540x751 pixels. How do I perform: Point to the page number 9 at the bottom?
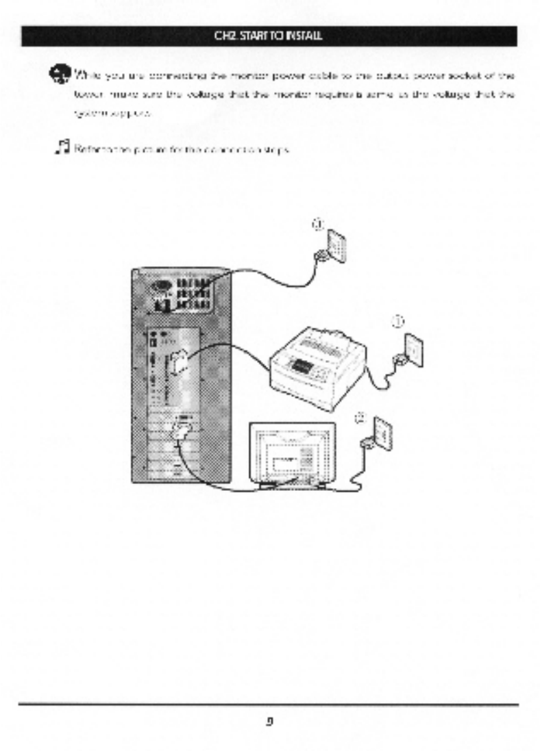pos(270,720)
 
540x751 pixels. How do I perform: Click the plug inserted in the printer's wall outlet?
pos(398,359)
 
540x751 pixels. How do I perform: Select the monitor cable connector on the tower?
pos(182,431)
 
